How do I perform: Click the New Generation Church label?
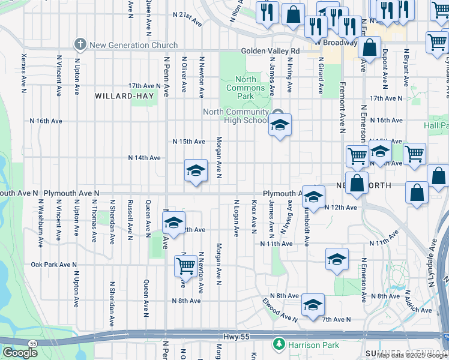coord(133,45)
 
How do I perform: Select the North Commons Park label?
coord(245,88)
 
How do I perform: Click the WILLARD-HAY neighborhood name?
coord(124,95)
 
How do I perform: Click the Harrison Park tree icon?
coord(278,344)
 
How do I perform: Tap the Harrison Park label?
coord(305,345)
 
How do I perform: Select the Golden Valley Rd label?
coord(270,52)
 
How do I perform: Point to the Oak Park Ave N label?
coord(54,265)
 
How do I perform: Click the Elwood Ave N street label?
coord(280,311)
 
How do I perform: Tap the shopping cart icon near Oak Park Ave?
coord(186,265)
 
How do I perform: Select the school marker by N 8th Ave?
coord(313,305)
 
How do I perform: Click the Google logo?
coord(20,353)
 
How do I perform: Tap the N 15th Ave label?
coord(189,142)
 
